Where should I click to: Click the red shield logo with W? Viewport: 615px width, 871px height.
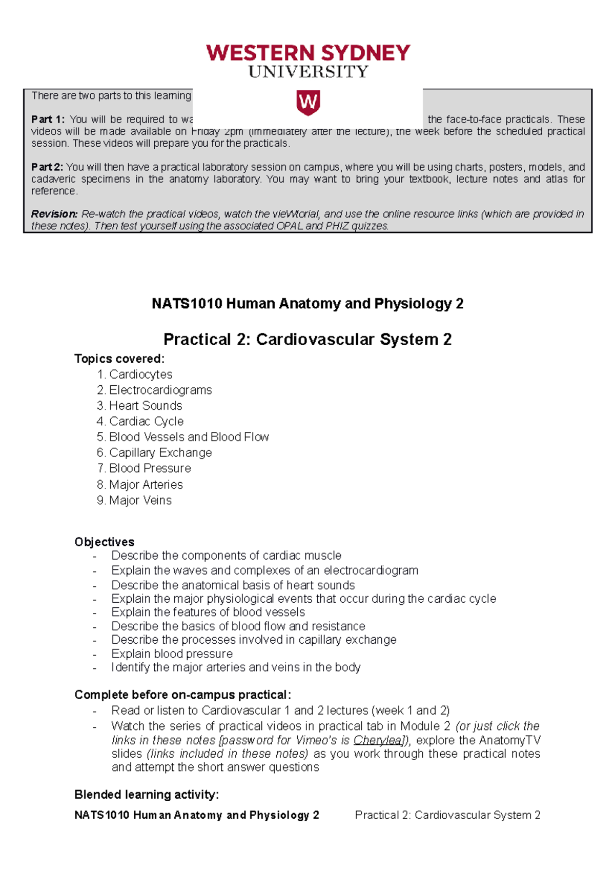coord(308,103)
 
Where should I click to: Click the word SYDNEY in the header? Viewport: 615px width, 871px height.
coord(366,53)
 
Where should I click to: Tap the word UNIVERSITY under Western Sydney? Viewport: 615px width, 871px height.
coord(308,72)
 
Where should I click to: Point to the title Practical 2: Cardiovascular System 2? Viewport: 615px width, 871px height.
coord(307,340)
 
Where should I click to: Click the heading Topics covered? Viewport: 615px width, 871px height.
coord(119,359)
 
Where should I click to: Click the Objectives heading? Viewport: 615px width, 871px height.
coord(105,542)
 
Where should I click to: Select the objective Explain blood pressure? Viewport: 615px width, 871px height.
coord(172,654)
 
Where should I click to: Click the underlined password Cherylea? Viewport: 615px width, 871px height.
coord(378,740)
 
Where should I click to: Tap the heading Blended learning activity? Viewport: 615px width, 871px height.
coord(147,795)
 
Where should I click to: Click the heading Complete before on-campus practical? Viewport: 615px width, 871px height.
coord(182,695)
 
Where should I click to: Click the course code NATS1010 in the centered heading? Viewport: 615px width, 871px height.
coord(187,304)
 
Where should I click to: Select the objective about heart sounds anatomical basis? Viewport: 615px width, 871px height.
coord(233,585)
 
